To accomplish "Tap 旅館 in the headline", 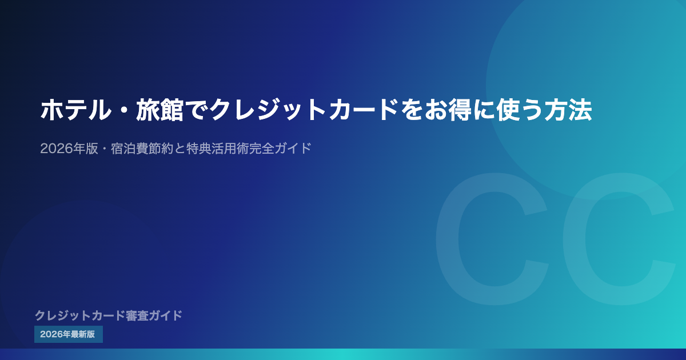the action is [x=159, y=110].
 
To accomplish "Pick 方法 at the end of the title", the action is [x=568, y=110].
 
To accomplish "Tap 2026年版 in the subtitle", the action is [x=69, y=149].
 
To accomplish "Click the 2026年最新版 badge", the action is [x=68, y=334].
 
